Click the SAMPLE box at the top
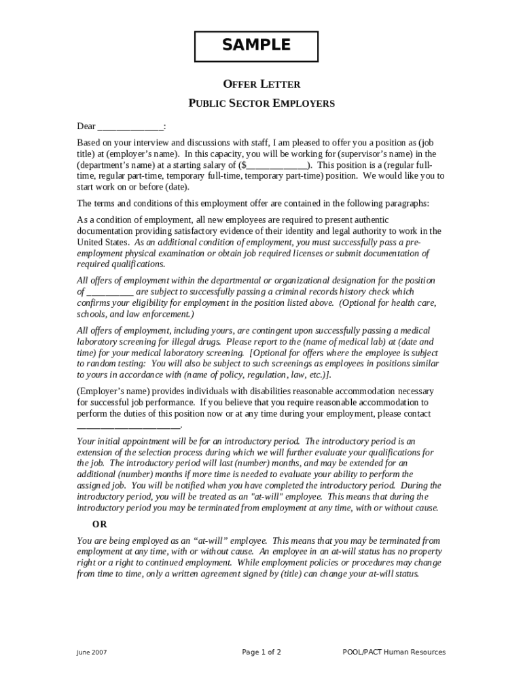[257, 46]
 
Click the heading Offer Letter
[261, 84]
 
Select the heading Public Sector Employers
[261, 104]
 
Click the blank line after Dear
[130, 127]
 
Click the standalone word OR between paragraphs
[100, 524]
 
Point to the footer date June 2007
[91, 652]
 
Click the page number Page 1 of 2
[261, 652]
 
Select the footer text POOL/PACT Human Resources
[394, 652]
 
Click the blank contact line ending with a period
[128, 425]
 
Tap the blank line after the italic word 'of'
[110, 292]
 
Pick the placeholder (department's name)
[114, 165]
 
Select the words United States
[103, 242]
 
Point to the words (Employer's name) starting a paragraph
[111, 391]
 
